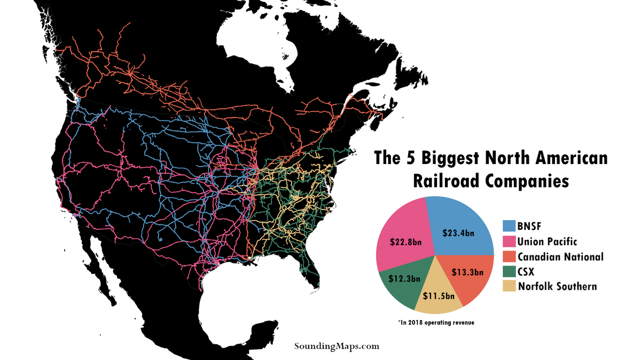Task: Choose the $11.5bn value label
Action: coord(439,295)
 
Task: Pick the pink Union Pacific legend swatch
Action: coord(510,241)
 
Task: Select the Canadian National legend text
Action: coord(561,257)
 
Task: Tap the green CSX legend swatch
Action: coord(510,271)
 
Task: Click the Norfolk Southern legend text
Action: coord(557,286)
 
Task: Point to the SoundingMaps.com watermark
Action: coord(337,346)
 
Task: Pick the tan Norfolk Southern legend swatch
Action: coord(510,286)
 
